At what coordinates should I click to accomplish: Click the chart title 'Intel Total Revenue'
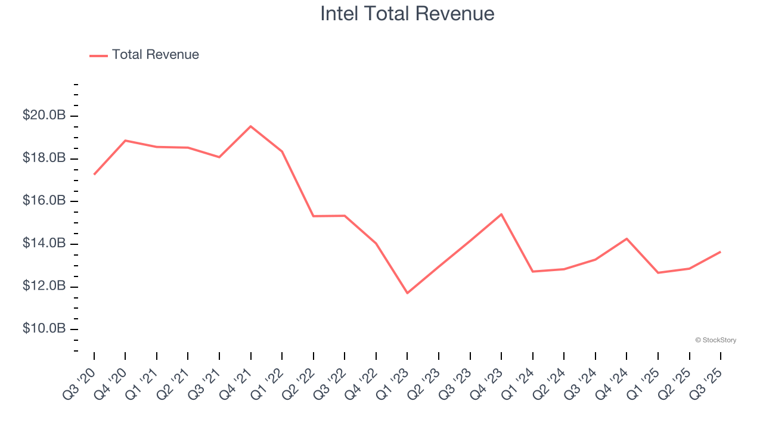407,13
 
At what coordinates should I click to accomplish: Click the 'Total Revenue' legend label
155,55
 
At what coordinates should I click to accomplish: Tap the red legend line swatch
98,55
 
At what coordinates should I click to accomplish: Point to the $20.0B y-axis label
44,116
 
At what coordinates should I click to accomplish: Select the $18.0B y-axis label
44,158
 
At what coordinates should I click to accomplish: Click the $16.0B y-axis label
44,201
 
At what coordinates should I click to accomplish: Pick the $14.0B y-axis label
44,244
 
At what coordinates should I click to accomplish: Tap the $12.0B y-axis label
44,287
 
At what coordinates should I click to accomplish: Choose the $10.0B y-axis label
44,329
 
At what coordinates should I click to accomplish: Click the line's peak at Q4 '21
251,126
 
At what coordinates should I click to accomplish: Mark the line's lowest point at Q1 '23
408,293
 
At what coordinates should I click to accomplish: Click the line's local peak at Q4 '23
501,214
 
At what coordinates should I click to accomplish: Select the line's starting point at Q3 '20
94,175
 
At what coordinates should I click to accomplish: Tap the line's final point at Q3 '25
721,251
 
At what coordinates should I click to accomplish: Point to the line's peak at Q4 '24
626,238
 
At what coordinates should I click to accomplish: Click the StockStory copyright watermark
715,340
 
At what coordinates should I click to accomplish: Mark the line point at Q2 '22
314,216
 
